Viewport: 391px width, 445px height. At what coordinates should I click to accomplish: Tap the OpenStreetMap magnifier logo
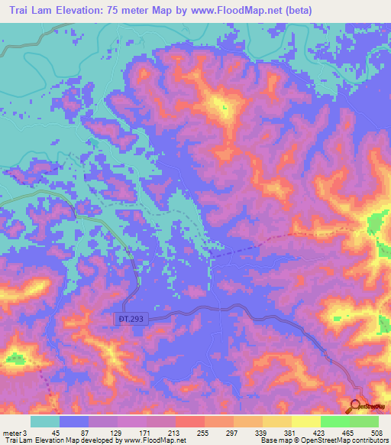click(357, 407)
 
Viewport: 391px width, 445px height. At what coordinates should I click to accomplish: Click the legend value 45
click(55, 433)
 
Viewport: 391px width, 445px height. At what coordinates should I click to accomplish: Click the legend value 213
click(173, 433)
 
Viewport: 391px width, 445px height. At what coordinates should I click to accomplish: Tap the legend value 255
click(202, 433)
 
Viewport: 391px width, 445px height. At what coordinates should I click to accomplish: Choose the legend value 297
click(231, 433)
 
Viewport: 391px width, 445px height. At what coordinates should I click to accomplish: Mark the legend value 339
click(261, 433)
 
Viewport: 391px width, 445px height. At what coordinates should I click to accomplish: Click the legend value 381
click(290, 433)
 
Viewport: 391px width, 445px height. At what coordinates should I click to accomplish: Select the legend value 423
click(320, 433)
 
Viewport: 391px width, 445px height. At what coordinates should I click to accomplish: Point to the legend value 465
click(349, 433)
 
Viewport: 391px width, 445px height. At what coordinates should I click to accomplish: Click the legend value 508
click(377, 433)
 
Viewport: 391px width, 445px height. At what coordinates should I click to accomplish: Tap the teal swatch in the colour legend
click(45, 421)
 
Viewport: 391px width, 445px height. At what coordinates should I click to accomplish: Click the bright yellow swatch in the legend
click(305, 421)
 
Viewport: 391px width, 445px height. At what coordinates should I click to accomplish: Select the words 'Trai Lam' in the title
click(33, 10)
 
